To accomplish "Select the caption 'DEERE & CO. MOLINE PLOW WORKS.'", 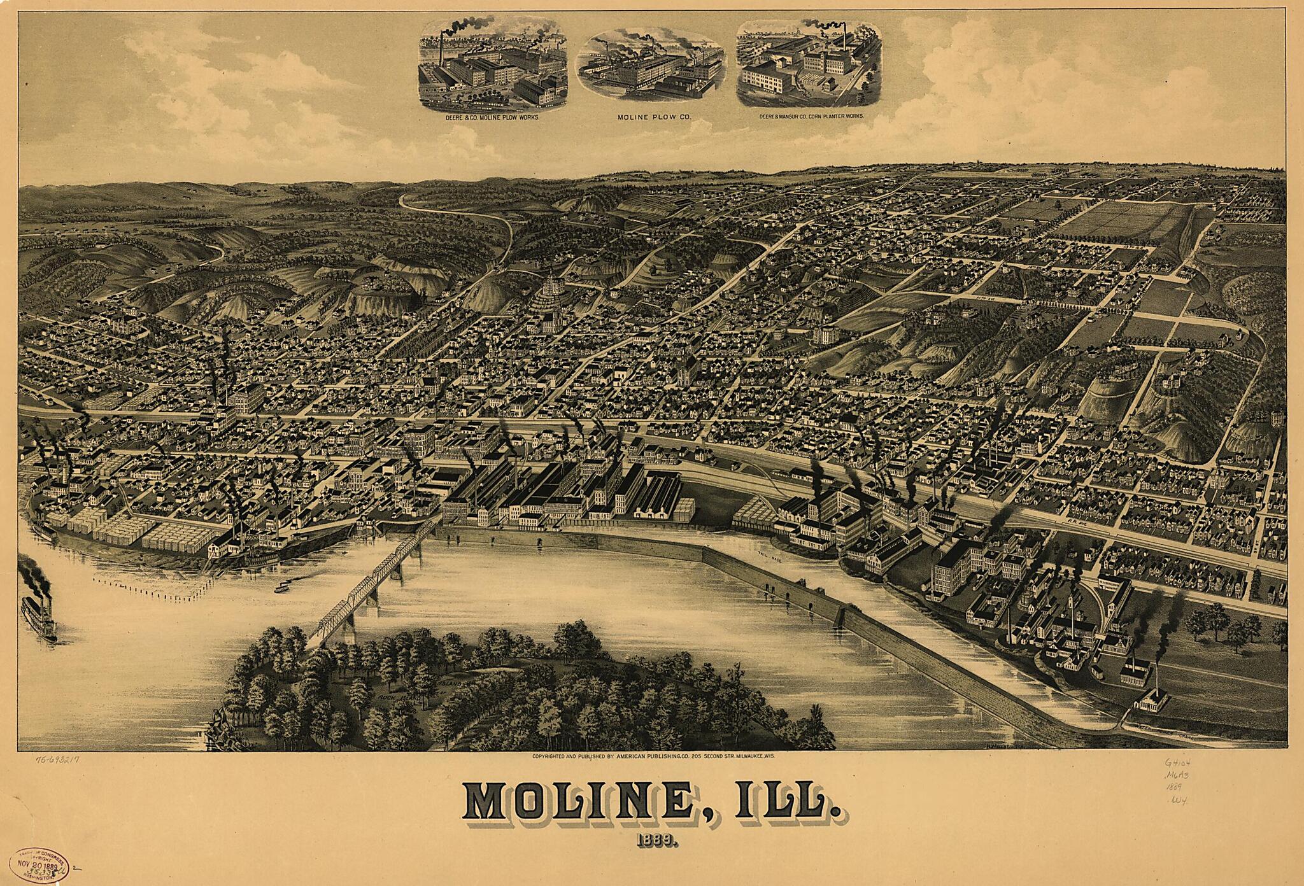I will click(x=493, y=118).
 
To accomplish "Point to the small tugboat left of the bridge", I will click(x=280, y=587).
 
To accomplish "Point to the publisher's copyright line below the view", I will click(x=656, y=757).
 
